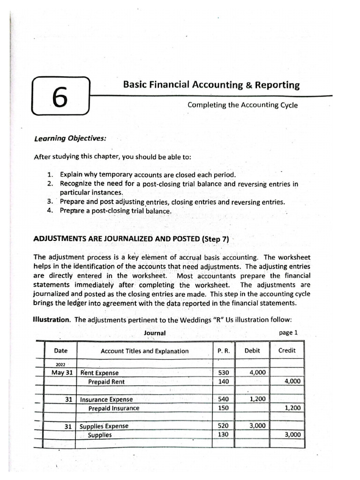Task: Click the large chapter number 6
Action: tap(60, 97)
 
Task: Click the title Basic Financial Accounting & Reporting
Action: tap(211, 85)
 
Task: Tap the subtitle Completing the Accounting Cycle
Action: tap(242, 105)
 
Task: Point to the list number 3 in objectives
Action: tap(50, 202)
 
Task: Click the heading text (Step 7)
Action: tap(215, 239)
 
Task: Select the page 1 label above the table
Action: tap(288, 332)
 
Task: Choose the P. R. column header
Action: tap(224, 351)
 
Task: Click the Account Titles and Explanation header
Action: tap(144, 351)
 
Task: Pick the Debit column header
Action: tap(253, 351)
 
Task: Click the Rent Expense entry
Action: tap(99, 373)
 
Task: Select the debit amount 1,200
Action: tap(257, 399)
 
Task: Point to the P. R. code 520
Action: tap(224, 426)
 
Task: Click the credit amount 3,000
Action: tap(292, 435)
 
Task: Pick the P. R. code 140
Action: tap(224, 382)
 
